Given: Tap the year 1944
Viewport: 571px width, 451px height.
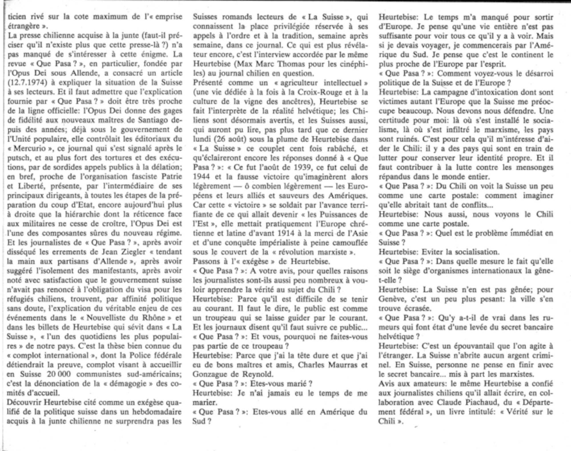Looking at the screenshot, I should [x=201, y=177].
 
